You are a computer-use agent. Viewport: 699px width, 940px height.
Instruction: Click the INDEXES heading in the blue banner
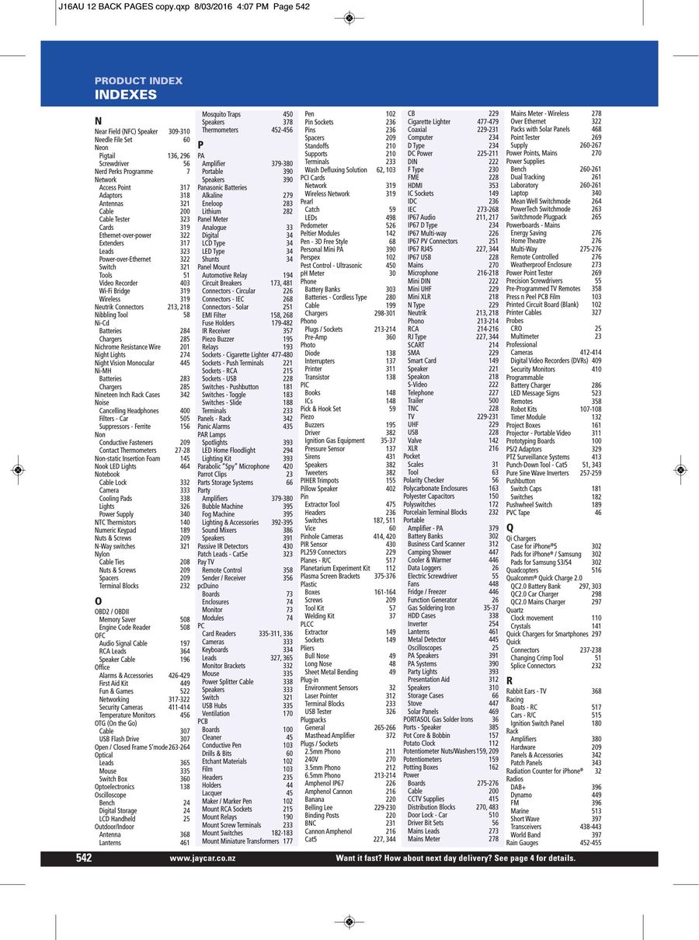(126, 95)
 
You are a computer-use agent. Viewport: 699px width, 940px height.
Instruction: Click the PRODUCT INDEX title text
(138, 81)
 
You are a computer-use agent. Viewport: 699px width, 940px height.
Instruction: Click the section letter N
(98, 121)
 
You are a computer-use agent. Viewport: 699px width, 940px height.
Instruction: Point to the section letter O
(98, 601)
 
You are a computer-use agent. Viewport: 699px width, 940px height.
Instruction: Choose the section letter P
(200, 144)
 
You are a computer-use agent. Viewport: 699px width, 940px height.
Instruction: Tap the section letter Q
(509, 527)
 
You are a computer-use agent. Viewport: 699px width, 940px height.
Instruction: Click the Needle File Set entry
(113, 140)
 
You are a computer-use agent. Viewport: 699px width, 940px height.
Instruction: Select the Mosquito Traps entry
(221, 114)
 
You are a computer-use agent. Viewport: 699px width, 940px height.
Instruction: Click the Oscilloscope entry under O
(110, 795)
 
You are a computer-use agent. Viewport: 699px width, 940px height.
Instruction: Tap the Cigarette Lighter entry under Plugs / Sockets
(429, 122)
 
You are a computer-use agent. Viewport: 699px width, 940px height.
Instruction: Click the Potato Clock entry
(419, 743)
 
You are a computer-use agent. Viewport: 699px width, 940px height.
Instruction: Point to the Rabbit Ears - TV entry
(526, 691)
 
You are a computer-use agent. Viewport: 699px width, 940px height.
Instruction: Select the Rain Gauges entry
(522, 843)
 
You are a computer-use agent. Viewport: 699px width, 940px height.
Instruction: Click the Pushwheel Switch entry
(529, 505)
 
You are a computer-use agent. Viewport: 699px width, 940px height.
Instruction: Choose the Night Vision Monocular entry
(124, 363)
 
